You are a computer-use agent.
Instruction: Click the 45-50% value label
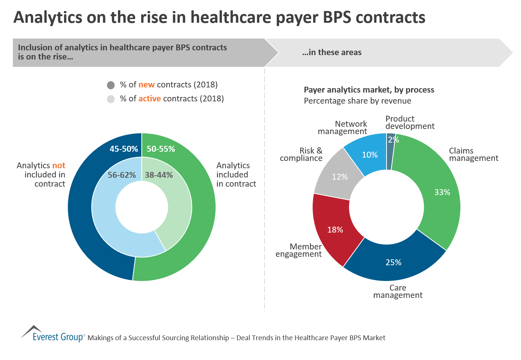[123, 149]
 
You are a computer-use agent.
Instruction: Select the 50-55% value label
[161, 149]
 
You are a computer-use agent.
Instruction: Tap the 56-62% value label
[122, 175]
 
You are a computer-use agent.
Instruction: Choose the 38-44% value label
[159, 175]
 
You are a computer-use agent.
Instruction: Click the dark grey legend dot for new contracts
[111, 85]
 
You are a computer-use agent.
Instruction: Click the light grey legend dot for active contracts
[111, 99]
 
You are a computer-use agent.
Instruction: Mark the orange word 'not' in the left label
[59, 165]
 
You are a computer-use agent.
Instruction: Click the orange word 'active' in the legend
[150, 98]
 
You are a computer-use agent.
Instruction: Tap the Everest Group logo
[53, 334]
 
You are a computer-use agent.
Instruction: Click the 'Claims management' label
[473, 154]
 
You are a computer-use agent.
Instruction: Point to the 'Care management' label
[398, 291]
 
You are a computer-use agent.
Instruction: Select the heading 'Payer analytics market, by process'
[369, 90]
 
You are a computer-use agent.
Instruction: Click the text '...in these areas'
[332, 52]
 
